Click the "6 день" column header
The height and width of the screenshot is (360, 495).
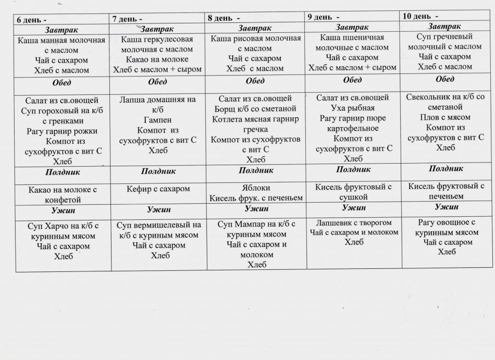(29, 19)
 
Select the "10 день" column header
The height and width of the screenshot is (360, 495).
(420, 16)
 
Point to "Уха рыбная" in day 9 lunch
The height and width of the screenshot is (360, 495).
(353, 108)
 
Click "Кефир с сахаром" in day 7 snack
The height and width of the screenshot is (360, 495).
(158, 189)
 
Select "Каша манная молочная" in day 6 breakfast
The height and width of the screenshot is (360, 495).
(61, 40)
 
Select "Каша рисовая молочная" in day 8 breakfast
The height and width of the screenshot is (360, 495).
(256, 39)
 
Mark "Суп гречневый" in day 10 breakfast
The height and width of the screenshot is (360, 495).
(444, 36)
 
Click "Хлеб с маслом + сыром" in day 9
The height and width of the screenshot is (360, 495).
(352, 67)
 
